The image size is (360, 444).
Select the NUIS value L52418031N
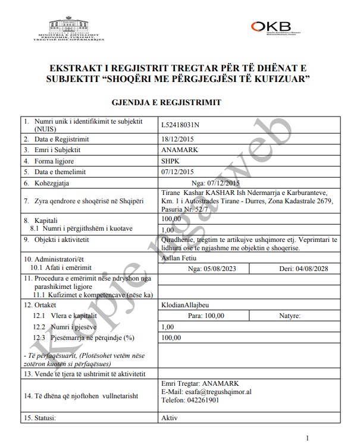point(181,124)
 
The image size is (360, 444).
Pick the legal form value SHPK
point(170,160)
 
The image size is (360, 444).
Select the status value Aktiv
point(170,418)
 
